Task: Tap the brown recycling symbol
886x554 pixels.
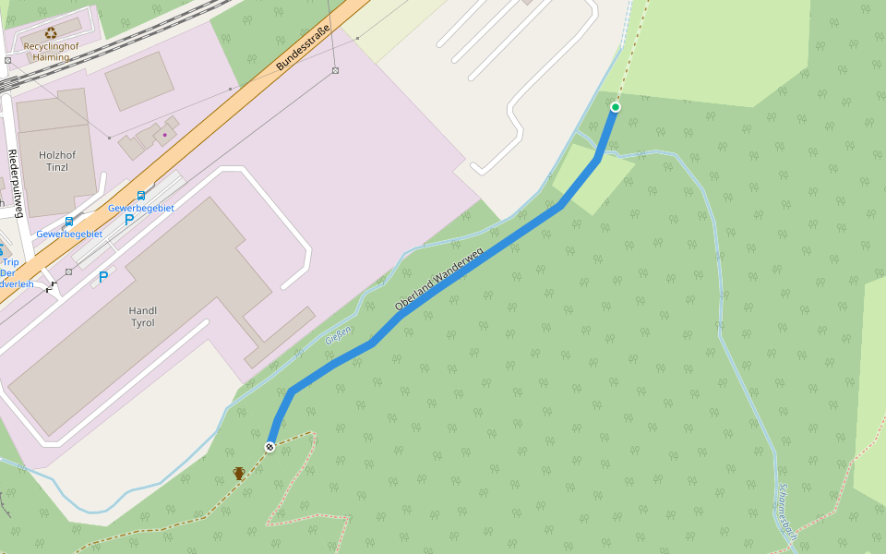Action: coord(51,33)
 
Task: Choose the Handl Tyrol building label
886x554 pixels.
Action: coord(142,317)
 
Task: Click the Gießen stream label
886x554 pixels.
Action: coord(338,335)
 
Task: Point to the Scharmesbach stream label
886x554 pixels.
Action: coord(787,507)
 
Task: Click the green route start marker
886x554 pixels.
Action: coord(616,107)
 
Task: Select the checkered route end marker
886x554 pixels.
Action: coord(270,447)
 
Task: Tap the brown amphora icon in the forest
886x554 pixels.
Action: coord(239,474)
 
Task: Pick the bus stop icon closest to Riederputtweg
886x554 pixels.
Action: coord(69,222)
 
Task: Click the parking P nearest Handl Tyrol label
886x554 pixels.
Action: coord(103,276)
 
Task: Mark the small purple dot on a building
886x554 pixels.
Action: coord(165,135)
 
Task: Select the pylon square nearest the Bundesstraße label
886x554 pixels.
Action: coord(335,70)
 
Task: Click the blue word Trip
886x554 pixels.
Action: coord(10,262)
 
